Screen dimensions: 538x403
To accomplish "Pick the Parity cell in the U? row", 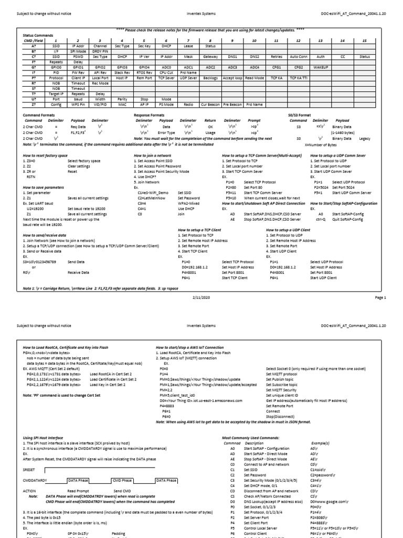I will pos(122,98).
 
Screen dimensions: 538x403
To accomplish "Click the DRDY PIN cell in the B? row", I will pos(100,51).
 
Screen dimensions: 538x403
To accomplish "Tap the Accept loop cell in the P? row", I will pos(232,77).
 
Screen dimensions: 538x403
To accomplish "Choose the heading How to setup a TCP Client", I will pos(200,230).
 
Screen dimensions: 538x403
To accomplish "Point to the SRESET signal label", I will pos(30,452).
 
